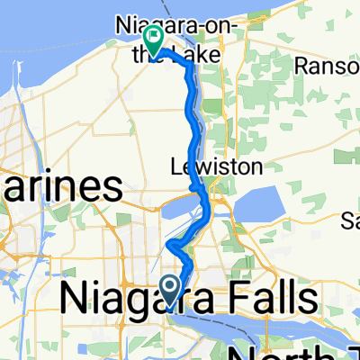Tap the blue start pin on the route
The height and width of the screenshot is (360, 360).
tap(169, 287)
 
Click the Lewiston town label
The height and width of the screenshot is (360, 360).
tap(216, 166)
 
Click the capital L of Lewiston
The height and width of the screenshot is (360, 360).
tap(176, 166)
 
